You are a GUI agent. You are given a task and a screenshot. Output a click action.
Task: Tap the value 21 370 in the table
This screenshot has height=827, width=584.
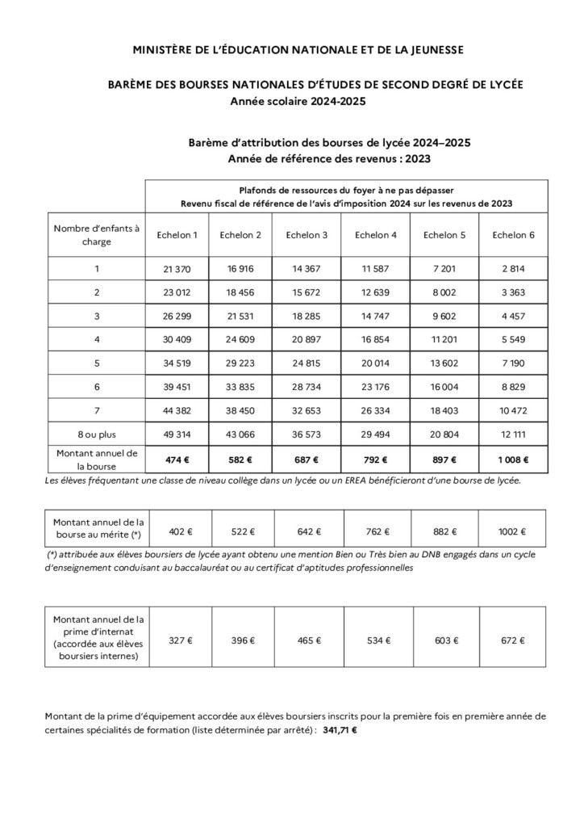(177, 269)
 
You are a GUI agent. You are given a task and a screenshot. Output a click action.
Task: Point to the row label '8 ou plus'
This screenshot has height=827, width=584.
(97, 434)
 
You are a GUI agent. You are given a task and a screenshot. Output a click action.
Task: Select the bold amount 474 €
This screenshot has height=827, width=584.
(177, 460)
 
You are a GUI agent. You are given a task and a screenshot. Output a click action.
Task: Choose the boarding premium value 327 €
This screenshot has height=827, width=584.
(177, 640)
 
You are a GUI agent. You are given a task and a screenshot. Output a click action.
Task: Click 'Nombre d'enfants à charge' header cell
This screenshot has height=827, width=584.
(97, 235)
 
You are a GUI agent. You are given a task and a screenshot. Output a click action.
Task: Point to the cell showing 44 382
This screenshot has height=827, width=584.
(177, 410)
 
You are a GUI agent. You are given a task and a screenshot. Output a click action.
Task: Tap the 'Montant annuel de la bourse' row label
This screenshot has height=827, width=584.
(97, 460)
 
